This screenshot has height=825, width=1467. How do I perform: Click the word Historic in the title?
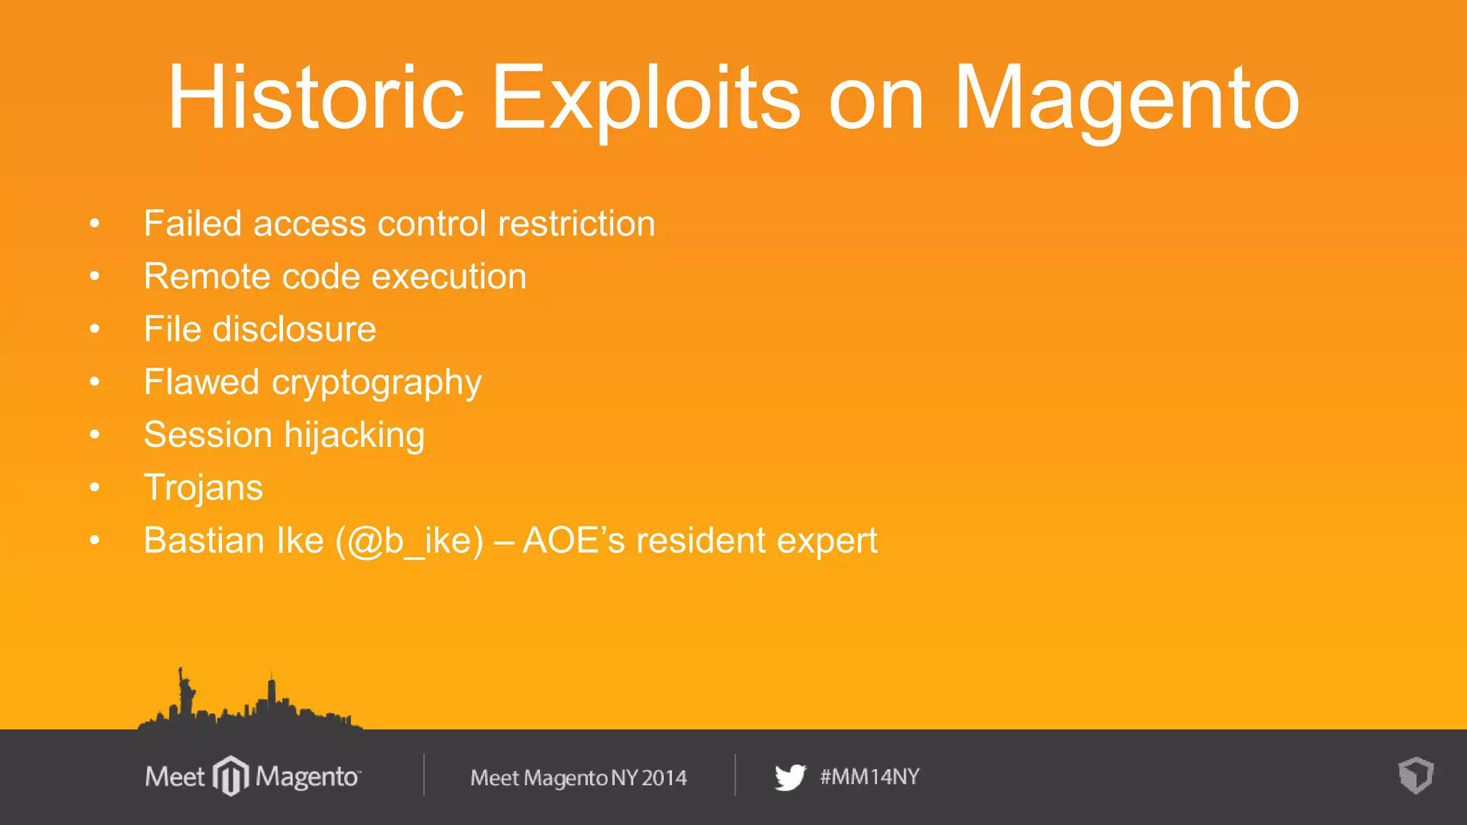coord(316,97)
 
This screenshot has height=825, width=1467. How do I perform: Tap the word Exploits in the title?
coord(645,97)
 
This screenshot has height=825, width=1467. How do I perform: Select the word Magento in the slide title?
coord(1126,97)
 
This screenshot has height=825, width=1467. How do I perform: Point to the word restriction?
coord(576,223)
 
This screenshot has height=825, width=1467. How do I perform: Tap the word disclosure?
coord(294,329)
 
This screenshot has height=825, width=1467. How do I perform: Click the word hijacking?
coord(354,435)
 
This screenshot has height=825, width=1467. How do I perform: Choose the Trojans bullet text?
coord(203,488)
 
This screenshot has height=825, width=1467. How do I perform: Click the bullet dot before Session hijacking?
coord(95,435)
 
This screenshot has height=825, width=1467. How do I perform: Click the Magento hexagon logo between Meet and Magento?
coord(231,776)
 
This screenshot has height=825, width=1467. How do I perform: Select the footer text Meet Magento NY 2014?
coord(578,778)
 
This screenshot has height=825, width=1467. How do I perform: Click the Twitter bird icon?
coord(790,777)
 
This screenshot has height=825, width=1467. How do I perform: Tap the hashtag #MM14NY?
coord(870,776)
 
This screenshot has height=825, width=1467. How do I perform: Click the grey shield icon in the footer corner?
coord(1415,776)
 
